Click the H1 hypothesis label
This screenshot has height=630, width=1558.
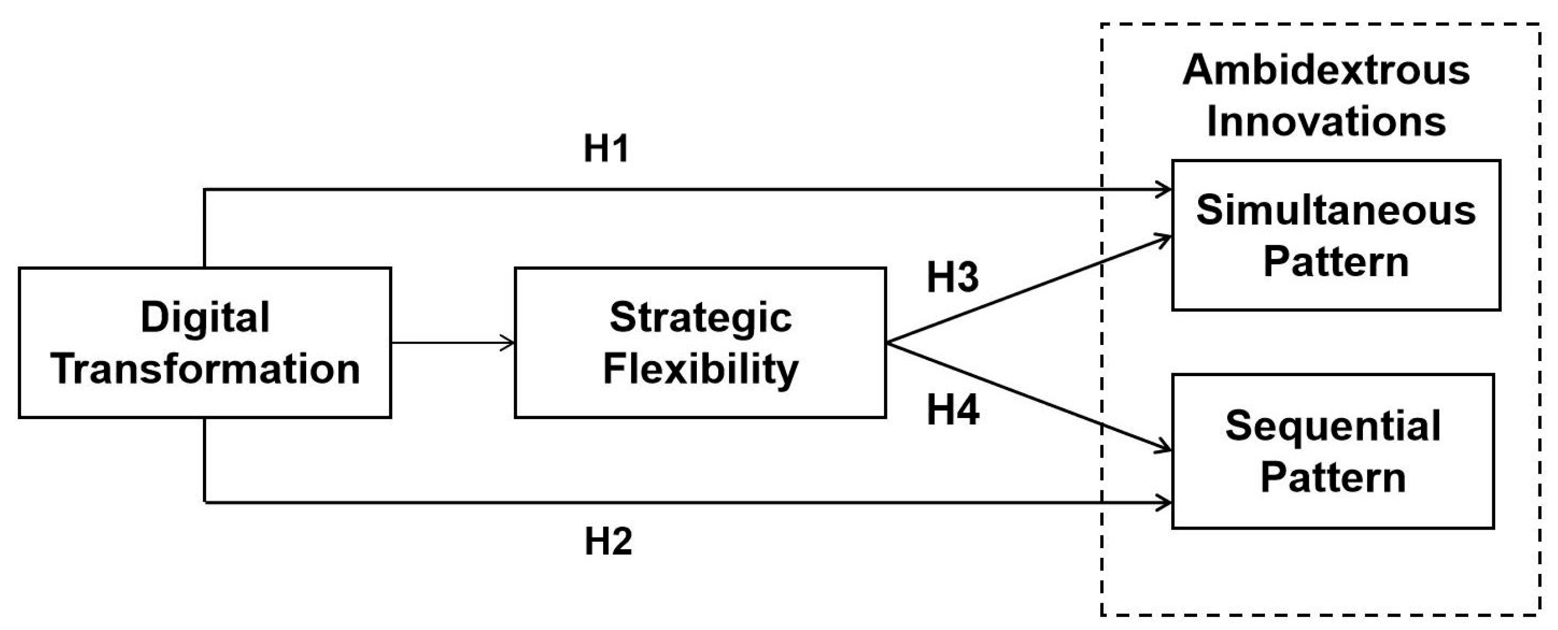tap(606, 148)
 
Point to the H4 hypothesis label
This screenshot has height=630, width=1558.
tap(952, 410)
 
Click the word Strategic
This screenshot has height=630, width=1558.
tap(700, 317)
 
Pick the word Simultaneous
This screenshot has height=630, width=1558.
tap(1336, 210)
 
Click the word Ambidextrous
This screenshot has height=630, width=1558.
tap(1326, 70)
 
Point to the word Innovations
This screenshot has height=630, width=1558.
tap(1326, 121)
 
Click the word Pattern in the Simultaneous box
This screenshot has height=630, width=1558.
tap(1336, 262)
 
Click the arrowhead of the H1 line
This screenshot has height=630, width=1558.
tap(1165, 189)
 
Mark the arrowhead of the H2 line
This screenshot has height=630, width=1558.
tap(1165, 502)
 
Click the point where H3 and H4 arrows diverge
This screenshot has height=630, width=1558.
tap(888, 343)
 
